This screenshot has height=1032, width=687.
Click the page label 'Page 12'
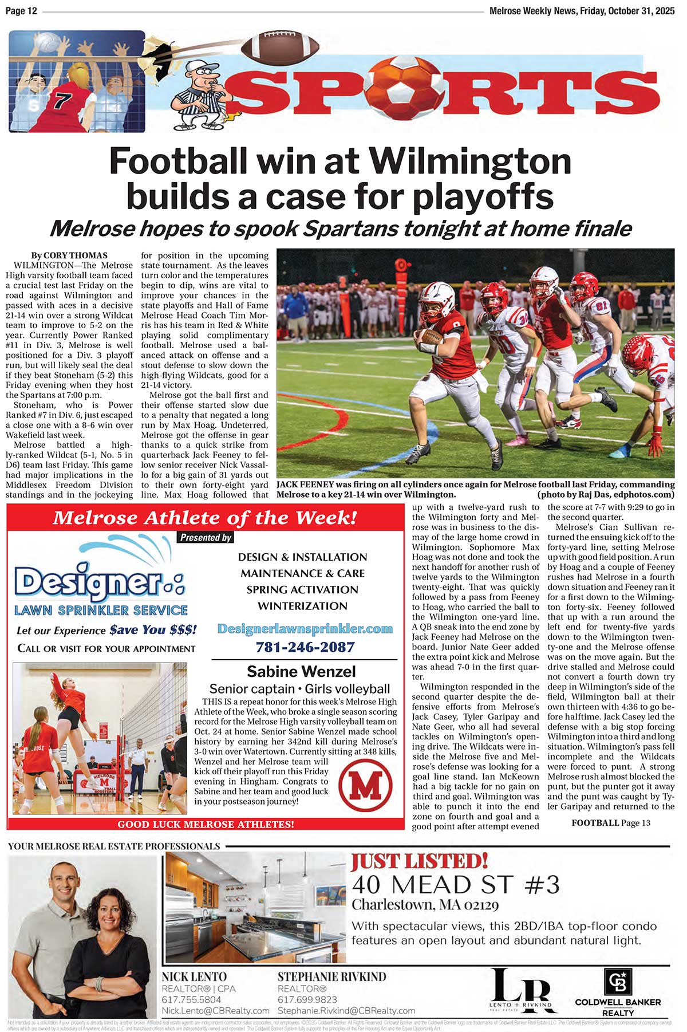click(21, 11)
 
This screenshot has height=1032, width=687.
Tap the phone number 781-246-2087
click(305, 647)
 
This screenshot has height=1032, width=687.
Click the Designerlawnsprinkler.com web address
click(305, 629)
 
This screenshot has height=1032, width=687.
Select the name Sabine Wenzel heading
click(301, 671)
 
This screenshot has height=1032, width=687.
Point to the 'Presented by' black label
click(206, 538)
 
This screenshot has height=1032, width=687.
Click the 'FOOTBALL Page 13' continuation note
click(611, 823)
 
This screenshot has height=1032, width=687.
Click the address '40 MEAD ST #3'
click(455, 885)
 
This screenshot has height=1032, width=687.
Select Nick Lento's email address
click(215, 1011)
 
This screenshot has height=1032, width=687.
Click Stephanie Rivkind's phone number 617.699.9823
click(307, 1000)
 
